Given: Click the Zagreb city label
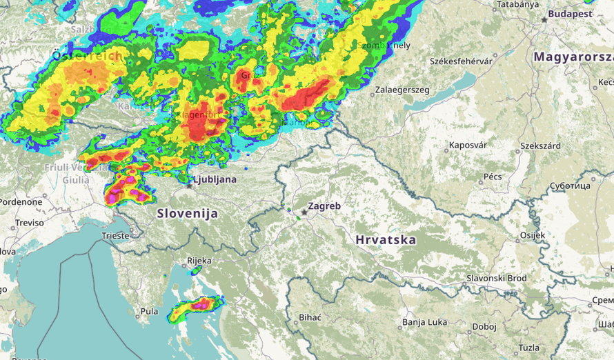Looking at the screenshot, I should pos(324,206).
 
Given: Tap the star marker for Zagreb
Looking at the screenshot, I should pos(304,212).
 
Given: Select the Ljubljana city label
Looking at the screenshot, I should pos(215,179).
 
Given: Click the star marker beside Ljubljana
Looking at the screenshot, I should pos(189,186).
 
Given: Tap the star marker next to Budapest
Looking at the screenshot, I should pos(544,20).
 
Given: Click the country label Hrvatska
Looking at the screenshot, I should pos(386,240).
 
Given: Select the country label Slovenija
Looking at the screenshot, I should pos(188,214).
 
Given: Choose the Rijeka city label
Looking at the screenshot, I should pos(199,261).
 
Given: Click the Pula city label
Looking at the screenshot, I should pos(149,312).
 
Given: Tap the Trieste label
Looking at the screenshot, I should pos(115,235).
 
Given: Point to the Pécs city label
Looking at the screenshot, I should pos(493,177).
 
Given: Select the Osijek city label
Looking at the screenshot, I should pos(532,235).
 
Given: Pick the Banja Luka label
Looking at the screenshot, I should pos(425,322).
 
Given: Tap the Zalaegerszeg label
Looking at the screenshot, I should pos(402,90).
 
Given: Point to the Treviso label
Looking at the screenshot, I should pos(30,223).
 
